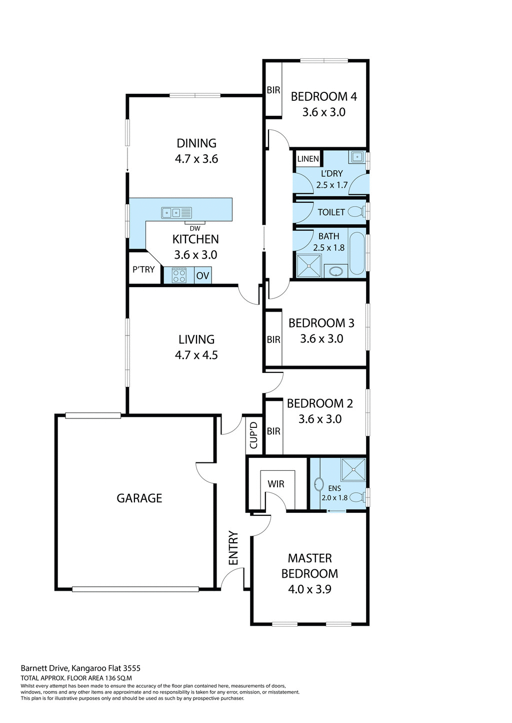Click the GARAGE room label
[x=139, y=498]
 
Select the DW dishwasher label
[x=195, y=229]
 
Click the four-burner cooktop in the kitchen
[x=178, y=276]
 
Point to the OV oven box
[x=202, y=276]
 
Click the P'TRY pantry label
[x=143, y=270]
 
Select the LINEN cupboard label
[x=308, y=159]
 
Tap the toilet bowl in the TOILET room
[x=355, y=212]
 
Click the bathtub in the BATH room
[x=357, y=253]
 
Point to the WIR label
[x=276, y=484]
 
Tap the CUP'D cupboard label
[x=253, y=435]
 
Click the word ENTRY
[x=233, y=548]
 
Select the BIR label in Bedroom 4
[x=273, y=90]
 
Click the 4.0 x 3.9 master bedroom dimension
[x=309, y=589]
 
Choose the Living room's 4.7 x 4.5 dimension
[x=196, y=356]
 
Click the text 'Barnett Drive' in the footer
[x=44, y=668]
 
